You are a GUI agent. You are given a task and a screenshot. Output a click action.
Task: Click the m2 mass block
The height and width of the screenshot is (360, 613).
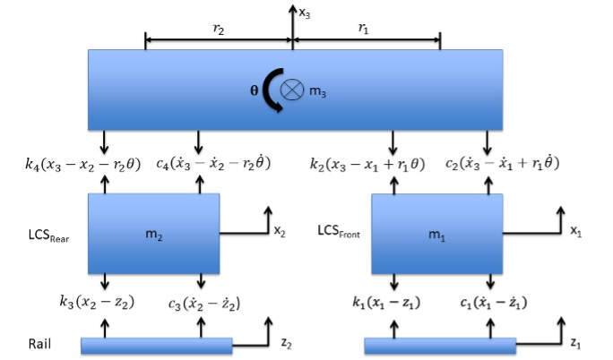153,233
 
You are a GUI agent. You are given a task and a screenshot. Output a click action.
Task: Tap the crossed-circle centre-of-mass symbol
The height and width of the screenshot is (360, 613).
292,90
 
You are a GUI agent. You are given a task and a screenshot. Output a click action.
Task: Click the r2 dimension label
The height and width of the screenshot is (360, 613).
218,29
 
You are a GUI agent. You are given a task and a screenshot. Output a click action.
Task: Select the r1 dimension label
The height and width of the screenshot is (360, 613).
365,29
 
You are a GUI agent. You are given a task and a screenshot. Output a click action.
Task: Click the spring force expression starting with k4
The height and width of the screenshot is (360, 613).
83,164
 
